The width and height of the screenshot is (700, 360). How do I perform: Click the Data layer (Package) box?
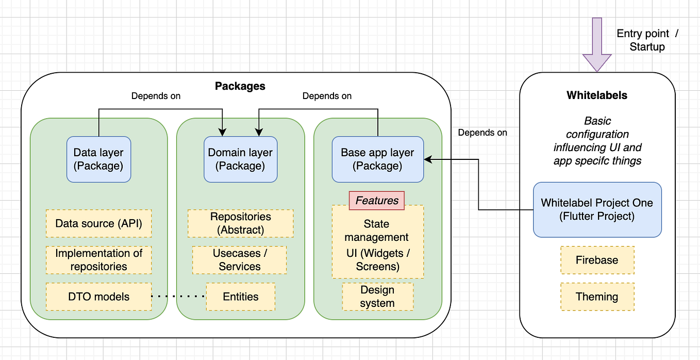(98, 159)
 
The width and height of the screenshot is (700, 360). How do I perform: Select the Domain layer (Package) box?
(240, 159)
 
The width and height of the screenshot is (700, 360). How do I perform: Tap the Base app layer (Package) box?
(377, 159)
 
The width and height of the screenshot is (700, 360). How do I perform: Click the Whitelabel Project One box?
(597, 209)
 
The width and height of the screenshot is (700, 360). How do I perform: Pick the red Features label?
(377, 201)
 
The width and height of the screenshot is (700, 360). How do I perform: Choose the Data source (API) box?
(98, 223)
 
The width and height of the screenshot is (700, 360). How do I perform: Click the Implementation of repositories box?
(98, 260)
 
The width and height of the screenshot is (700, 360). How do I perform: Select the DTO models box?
(98, 297)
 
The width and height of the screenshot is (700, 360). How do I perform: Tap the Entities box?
(240, 297)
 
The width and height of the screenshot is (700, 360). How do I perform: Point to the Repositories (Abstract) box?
(240, 223)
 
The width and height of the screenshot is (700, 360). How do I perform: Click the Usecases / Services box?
(240, 260)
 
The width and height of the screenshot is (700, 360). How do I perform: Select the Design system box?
(377, 297)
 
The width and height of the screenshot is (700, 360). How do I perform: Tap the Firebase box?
(597, 260)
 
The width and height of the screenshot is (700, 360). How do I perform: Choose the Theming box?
(597, 297)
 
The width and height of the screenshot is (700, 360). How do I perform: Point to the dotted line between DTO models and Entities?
(178, 297)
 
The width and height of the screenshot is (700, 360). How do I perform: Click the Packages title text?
(240, 86)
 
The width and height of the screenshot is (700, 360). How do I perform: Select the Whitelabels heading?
(596, 95)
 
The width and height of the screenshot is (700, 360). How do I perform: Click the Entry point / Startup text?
(647, 40)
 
